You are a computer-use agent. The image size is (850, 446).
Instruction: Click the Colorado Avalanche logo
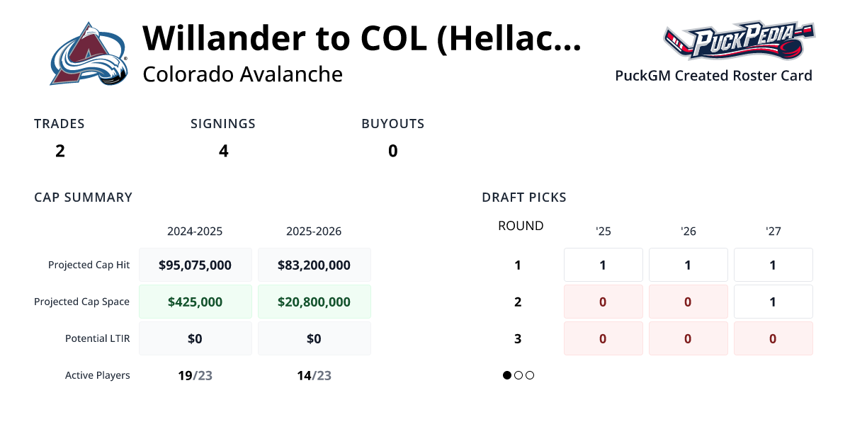pos(89,54)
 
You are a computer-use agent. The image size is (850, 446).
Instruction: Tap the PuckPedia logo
pos(738,41)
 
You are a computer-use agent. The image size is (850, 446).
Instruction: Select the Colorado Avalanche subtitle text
pos(242,74)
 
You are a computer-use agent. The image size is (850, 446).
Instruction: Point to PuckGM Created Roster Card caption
pos(713,76)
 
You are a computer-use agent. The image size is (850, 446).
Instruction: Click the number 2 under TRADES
pos(60,151)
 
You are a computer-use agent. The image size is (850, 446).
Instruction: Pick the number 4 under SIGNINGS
pos(224,151)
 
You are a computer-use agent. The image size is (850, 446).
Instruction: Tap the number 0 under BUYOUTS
pos(393,151)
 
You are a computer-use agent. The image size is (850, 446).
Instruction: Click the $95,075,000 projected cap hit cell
pos(195,265)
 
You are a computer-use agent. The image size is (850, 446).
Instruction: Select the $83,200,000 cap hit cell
pos(314,265)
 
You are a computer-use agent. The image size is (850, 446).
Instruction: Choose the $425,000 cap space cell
pos(195,302)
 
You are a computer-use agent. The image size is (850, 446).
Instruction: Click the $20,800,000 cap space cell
pos(314,302)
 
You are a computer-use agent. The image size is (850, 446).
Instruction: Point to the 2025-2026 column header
pos(314,231)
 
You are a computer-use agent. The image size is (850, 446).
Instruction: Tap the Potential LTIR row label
pos(97,338)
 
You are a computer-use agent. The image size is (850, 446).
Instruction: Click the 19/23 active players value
pos(195,375)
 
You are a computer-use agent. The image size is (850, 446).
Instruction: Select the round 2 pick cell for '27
pos(773,302)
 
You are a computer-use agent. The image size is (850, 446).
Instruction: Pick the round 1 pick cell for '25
pos(603,265)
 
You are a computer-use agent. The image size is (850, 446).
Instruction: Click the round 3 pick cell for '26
pos(688,338)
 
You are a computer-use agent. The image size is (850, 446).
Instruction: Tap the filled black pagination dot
pos(507,375)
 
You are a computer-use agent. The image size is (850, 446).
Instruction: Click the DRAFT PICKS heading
pos(524,198)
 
